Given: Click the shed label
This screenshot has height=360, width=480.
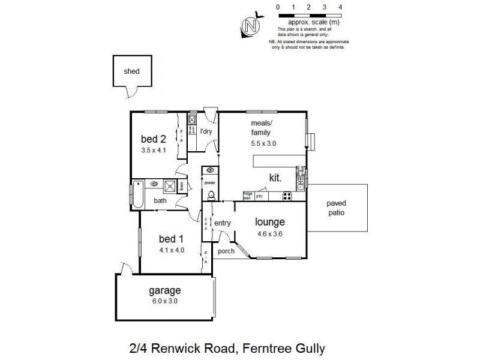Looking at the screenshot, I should pyautogui.click(x=131, y=71).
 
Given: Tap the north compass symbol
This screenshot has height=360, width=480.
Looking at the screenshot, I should pyautogui.click(x=252, y=26).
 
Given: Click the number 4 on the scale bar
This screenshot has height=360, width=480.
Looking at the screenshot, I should pyautogui.click(x=340, y=7).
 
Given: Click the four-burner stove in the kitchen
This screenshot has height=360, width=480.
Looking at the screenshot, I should pyautogui.click(x=287, y=196).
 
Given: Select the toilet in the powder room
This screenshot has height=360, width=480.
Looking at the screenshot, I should pyautogui.click(x=211, y=195).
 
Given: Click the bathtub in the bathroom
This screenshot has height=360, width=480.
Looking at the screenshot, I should pyautogui.click(x=137, y=194).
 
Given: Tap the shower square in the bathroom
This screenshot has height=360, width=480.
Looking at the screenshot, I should pyautogui.click(x=170, y=185).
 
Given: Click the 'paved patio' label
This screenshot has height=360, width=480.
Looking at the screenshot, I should pyautogui.click(x=336, y=208).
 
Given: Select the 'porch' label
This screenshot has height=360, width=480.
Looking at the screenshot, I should pyautogui.click(x=226, y=251).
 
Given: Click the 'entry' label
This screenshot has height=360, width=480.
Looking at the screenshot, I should pyautogui.click(x=223, y=223).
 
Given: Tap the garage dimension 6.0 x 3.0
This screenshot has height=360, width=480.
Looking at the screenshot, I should pyautogui.click(x=164, y=301).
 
